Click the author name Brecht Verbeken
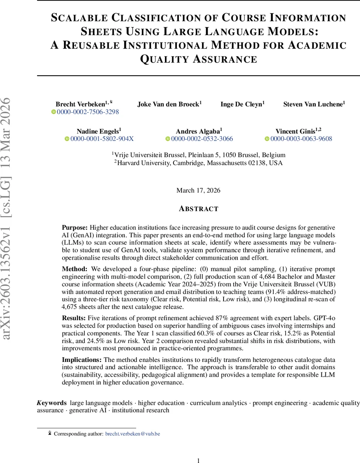[80, 104]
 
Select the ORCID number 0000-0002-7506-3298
[88, 112]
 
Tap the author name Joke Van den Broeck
[169, 104]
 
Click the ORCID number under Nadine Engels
[102, 139]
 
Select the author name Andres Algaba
[199, 131]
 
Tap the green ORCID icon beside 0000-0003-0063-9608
[267, 139]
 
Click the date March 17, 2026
[198, 190]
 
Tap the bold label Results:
[74, 318]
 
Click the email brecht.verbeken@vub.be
[133, 434]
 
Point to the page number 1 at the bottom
[198, 460]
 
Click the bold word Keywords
[52, 403]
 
